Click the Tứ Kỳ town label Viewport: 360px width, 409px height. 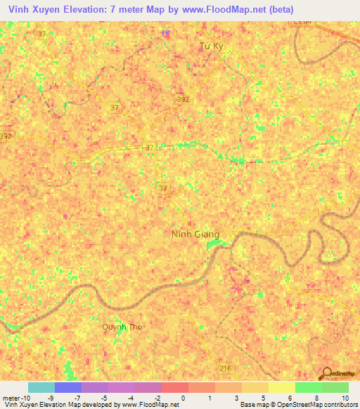pos(211,46)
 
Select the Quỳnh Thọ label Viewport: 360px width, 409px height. pos(122,327)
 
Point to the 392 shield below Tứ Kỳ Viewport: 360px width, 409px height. pos(183,100)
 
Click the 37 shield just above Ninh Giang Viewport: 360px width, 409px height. pos(163,188)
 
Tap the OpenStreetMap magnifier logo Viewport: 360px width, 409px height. pos(326,373)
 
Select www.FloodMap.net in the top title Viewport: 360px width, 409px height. pos(217,10)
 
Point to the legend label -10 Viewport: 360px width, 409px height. pos(22,398)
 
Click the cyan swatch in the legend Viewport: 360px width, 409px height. pos(41,387)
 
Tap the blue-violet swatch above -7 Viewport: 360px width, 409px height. pos(67,387)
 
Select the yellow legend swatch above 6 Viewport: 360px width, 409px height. pos(281,387)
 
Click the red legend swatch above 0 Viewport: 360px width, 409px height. pos(174,387)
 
